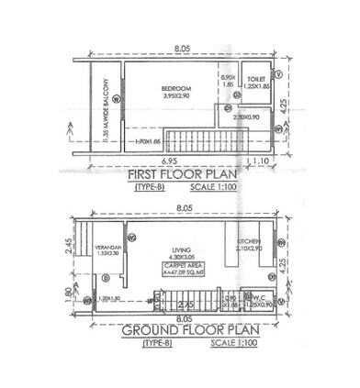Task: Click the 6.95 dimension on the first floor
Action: click(x=158, y=158)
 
